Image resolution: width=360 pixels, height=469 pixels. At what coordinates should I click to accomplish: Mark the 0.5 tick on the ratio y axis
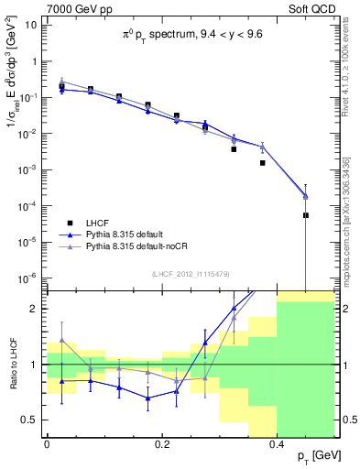tap(33, 420)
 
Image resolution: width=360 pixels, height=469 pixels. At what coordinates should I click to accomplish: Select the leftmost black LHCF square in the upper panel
tap(61, 86)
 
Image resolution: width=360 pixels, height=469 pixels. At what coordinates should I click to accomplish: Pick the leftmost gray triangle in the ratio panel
tap(61, 340)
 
